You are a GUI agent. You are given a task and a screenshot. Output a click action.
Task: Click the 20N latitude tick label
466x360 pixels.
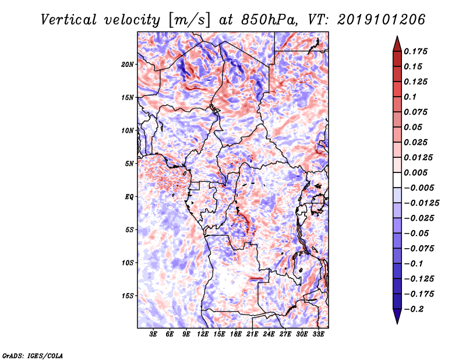[127, 65]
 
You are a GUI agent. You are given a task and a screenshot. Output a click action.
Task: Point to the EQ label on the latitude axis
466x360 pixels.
[129, 197]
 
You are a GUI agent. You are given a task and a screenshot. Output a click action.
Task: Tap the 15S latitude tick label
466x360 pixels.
[127, 296]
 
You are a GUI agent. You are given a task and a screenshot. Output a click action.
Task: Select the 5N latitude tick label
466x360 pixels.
[129, 164]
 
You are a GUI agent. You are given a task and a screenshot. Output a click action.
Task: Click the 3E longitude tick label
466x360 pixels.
[153, 334]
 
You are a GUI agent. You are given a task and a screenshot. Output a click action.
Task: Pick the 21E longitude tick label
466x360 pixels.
[252, 334]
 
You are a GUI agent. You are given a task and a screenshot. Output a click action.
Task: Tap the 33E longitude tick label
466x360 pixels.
[318, 334]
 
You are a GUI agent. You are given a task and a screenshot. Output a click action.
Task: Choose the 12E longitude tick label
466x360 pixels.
[202, 334]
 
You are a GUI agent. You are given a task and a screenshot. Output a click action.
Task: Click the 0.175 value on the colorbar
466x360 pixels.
[415, 51]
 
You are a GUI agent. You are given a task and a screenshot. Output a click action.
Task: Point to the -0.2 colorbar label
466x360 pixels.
[414, 309]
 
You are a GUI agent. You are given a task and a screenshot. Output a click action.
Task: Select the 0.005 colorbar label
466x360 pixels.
[415, 172]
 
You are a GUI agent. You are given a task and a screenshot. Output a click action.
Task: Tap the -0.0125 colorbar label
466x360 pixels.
[421, 203]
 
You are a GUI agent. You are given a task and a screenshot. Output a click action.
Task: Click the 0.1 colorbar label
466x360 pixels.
[410, 97]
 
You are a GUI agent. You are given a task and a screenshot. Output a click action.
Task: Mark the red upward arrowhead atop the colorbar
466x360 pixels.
[397, 44]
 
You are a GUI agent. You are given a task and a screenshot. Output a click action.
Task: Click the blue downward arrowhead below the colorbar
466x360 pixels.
[397, 316]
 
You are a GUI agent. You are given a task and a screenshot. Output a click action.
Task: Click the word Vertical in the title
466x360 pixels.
[69, 20]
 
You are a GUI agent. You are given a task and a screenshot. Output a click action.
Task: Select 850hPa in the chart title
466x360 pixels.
[269, 20]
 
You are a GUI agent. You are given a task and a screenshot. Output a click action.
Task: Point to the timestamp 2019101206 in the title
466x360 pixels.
[381, 20]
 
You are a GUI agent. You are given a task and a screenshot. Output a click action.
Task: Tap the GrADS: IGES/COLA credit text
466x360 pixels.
[33, 355]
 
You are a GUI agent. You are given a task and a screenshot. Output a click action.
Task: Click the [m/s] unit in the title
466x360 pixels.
[189, 20]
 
